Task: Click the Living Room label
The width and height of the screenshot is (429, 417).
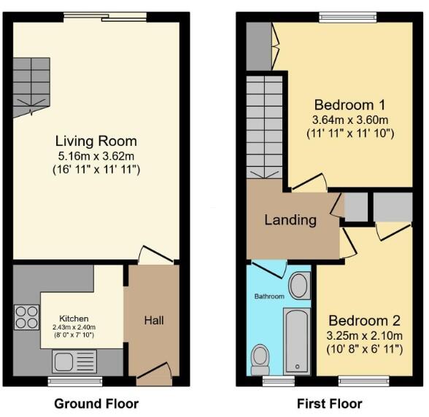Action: [x=96, y=141]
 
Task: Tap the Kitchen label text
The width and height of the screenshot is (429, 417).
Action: [x=74, y=319]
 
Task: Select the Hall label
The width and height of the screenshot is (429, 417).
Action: [x=153, y=320]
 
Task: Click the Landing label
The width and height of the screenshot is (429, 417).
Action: [x=290, y=219]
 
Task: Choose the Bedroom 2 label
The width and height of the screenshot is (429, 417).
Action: [x=365, y=321]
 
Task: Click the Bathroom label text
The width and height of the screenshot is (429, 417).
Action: [x=269, y=297]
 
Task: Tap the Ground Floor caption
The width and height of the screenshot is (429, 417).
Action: [x=96, y=403]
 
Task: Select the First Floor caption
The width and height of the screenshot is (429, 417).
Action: [x=329, y=403]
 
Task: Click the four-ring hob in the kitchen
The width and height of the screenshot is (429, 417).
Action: [x=26, y=319]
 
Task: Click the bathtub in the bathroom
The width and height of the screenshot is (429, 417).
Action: [x=297, y=340]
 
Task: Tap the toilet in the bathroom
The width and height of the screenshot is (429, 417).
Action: [x=260, y=356]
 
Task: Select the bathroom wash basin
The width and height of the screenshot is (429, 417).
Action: [x=299, y=286]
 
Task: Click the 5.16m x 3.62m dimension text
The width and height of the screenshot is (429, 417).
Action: [x=96, y=156]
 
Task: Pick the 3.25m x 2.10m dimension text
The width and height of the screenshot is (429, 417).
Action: [x=365, y=336]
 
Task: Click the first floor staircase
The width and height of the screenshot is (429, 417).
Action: [x=263, y=127]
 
